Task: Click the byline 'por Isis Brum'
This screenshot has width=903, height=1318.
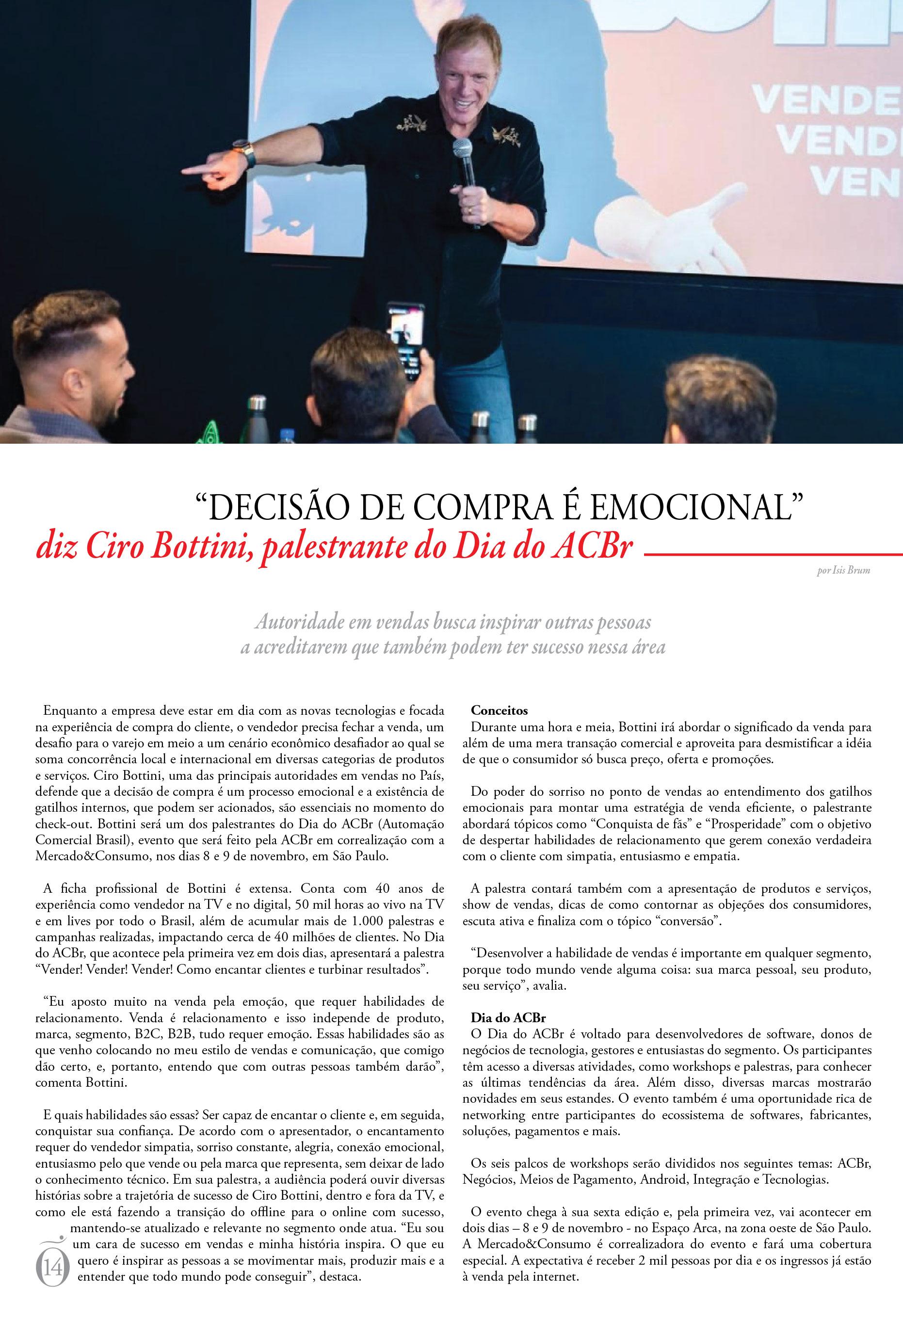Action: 843,571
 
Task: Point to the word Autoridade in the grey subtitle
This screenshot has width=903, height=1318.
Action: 298,623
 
